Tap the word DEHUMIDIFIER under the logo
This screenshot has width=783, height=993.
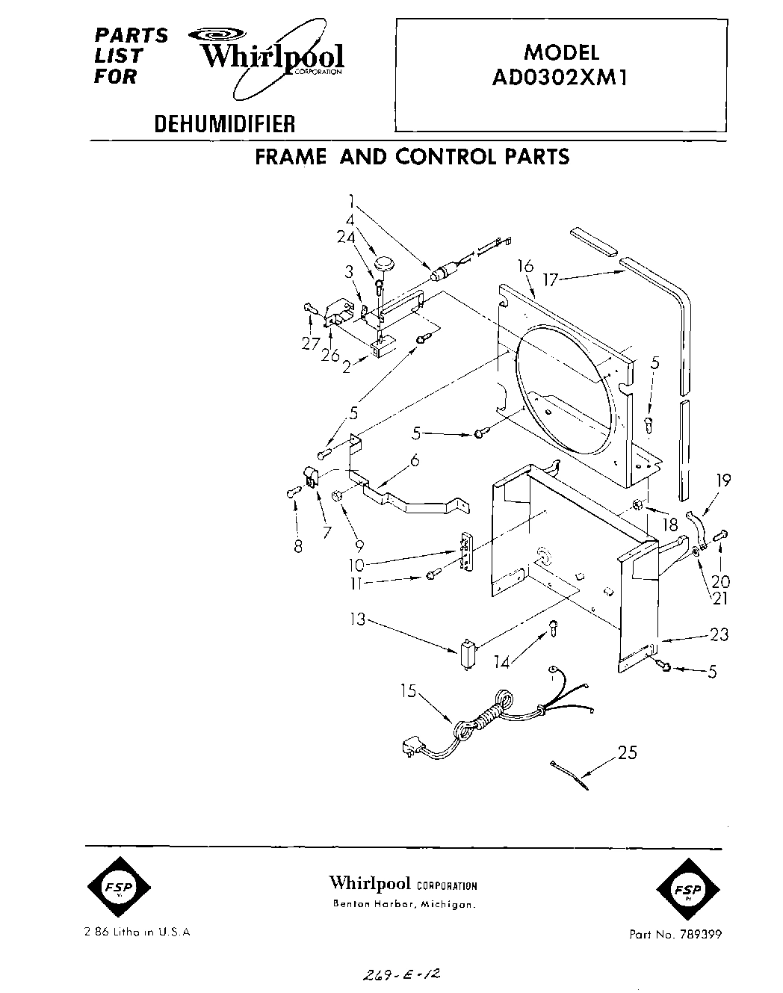[x=224, y=123]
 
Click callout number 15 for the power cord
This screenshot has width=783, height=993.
[x=409, y=691]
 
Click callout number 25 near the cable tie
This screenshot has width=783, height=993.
[x=628, y=753]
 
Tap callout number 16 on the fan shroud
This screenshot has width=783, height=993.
[x=526, y=266]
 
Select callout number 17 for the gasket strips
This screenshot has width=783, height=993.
[x=551, y=281]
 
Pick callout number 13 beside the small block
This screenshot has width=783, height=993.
[x=359, y=619]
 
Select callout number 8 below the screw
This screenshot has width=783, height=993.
[x=298, y=546]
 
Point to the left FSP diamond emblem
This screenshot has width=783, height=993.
[x=117, y=888]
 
